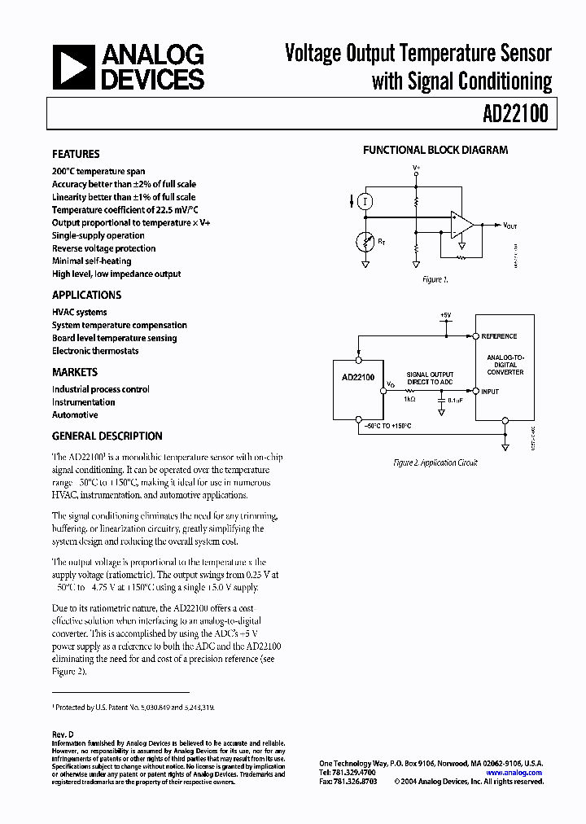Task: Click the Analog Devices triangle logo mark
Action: (72, 67)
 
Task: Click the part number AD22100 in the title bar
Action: (514, 115)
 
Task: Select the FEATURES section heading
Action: (76, 154)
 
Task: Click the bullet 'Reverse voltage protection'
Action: (103, 248)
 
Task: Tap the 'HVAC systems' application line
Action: (79, 312)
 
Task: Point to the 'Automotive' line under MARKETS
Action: (75, 414)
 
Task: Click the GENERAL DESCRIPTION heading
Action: (107, 436)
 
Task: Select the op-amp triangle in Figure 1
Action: (462, 225)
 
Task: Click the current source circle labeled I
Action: (366, 201)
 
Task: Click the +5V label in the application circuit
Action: (444, 314)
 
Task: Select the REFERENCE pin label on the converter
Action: (499, 336)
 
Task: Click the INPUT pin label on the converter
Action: (490, 392)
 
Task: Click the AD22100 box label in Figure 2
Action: (357, 378)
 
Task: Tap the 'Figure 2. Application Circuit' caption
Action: (435, 462)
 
